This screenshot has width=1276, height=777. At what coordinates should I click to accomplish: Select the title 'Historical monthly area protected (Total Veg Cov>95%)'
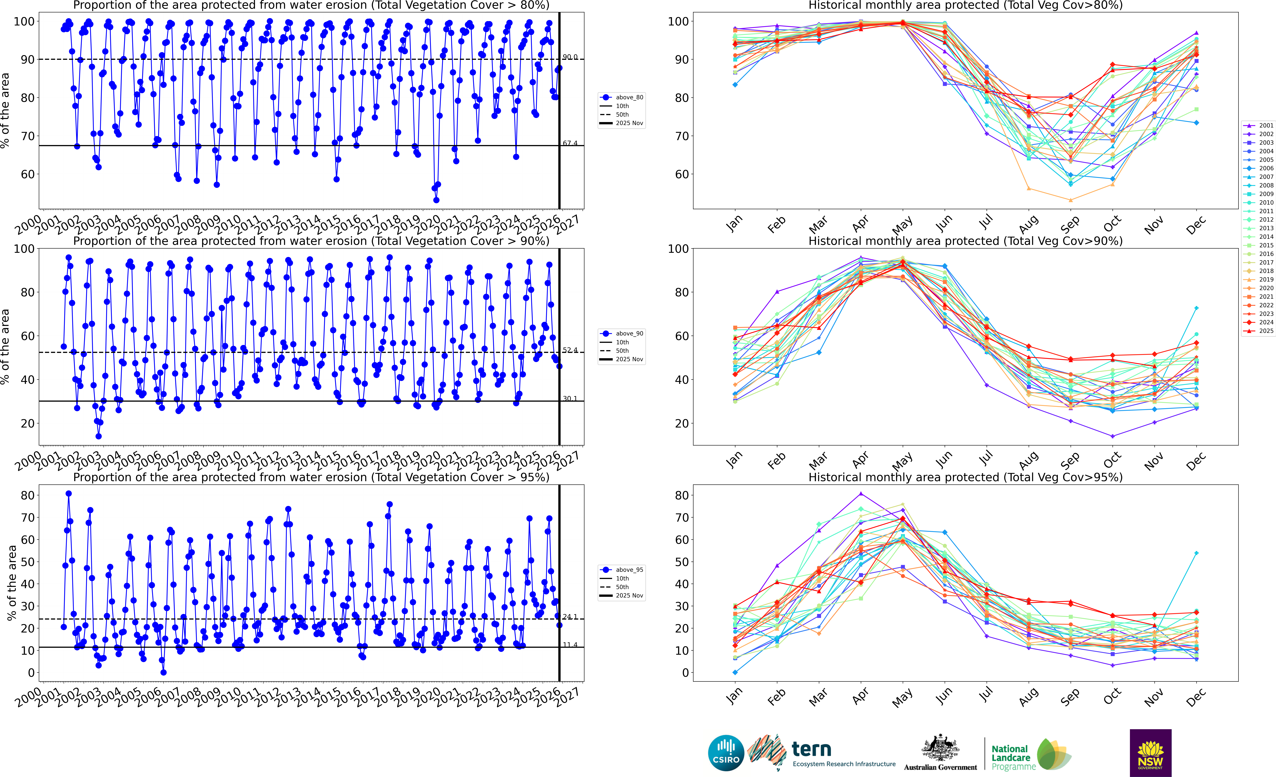coord(965,477)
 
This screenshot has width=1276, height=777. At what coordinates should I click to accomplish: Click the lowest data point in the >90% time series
coord(98,436)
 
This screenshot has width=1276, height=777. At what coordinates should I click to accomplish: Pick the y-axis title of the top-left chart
coord(5,110)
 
